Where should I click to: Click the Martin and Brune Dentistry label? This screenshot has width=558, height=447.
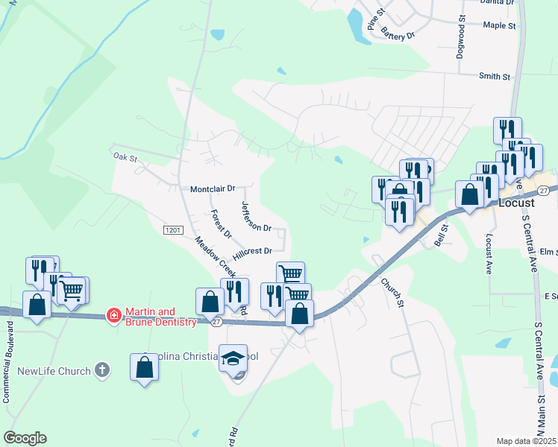160,317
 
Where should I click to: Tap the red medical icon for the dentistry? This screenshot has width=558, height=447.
113,316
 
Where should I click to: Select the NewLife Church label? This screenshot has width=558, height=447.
54,371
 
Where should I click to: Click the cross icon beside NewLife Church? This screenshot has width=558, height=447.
102,370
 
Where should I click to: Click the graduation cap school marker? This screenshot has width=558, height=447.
233,358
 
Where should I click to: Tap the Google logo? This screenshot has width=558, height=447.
25,438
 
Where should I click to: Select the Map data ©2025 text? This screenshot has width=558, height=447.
527,441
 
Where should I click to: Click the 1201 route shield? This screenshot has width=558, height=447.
172,231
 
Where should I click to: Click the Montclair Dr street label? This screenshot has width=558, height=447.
213,189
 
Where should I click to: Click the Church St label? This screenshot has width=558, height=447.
392,292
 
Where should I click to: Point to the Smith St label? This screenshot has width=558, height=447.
495,76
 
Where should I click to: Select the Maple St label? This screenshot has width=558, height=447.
499,25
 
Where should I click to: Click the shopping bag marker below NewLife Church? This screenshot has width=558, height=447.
144,367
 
